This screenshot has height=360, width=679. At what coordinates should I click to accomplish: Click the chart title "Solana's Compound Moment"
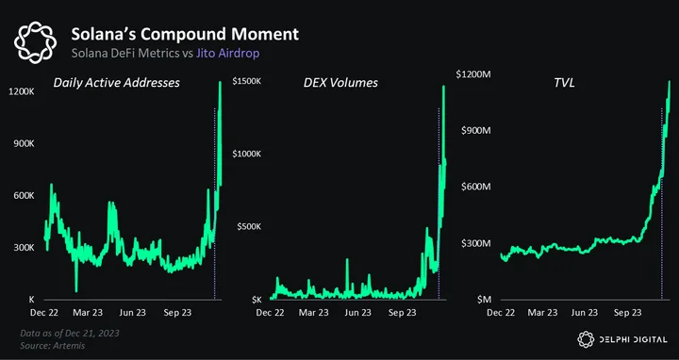click(x=185, y=34)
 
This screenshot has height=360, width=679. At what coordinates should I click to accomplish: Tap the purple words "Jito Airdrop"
click(x=228, y=53)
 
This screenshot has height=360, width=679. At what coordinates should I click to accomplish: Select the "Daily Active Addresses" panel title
click(x=117, y=82)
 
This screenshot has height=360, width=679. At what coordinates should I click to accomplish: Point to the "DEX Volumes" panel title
click(x=340, y=83)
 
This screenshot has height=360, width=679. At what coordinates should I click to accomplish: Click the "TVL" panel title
click(x=564, y=83)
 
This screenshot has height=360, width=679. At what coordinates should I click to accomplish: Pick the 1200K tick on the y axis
click(x=22, y=91)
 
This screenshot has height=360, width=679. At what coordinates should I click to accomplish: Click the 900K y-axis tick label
click(x=24, y=143)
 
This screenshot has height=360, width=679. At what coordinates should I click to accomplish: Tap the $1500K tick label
click(x=246, y=81)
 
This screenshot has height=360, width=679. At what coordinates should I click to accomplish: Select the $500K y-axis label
click(x=249, y=227)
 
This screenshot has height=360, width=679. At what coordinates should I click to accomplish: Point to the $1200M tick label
click(x=473, y=74)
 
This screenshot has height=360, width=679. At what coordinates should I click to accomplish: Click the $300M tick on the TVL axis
click(x=475, y=243)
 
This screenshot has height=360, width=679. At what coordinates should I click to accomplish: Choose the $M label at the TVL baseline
click(x=483, y=300)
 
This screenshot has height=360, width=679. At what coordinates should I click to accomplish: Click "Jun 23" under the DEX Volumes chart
click(x=357, y=312)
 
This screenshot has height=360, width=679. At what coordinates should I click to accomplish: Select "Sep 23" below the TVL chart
click(x=627, y=312)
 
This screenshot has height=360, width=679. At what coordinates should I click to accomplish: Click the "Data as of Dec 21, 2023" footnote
click(x=69, y=334)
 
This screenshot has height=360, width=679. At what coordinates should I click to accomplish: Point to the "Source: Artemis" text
click(x=52, y=346)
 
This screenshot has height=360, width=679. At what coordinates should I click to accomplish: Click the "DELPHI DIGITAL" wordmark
click(x=633, y=339)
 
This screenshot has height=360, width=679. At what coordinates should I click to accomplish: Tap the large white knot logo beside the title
click(x=35, y=42)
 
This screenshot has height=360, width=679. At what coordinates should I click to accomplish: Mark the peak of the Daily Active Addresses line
click(x=220, y=82)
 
